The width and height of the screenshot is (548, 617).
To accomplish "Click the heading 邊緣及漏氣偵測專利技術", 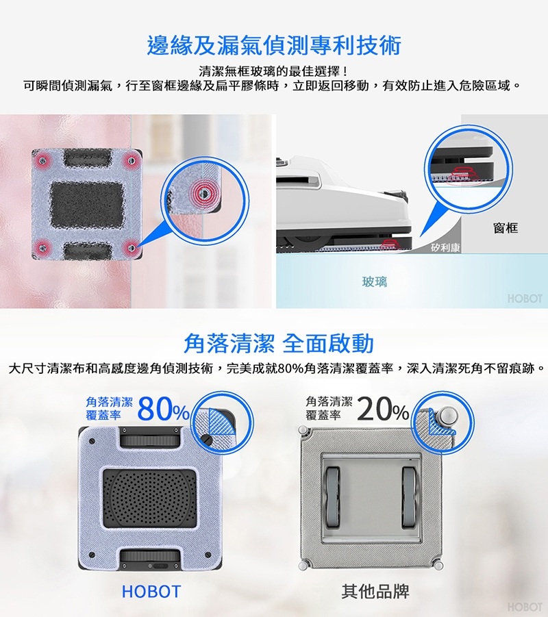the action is [x=274, y=45].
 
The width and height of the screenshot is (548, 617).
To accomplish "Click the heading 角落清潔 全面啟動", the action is [x=278, y=343].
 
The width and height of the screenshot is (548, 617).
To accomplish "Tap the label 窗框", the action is [x=506, y=228].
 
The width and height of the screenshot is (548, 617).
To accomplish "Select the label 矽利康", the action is [x=445, y=247].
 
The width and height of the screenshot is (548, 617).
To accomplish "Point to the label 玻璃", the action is [x=375, y=281].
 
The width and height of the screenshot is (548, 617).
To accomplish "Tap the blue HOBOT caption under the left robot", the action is [x=151, y=591].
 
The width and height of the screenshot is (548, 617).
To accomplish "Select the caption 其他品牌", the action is [x=375, y=591].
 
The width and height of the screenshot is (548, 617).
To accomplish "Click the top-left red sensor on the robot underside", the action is [x=43, y=160].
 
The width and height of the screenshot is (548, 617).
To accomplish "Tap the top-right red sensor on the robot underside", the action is [x=131, y=160].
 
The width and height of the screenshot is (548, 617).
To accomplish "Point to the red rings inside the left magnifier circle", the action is [x=204, y=192].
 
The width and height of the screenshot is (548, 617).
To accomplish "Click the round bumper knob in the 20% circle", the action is [x=449, y=415].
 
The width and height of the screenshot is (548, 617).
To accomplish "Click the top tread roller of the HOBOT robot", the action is [x=150, y=440].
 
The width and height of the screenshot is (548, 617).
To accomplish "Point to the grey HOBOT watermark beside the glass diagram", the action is [x=525, y=299].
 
